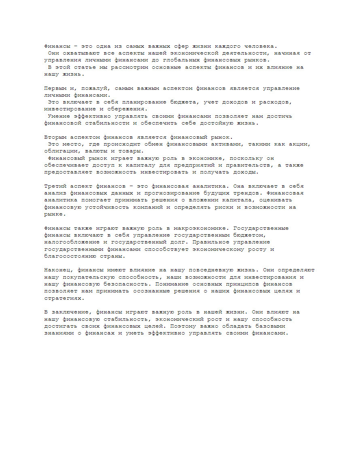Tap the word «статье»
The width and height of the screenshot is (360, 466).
point(83,67)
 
